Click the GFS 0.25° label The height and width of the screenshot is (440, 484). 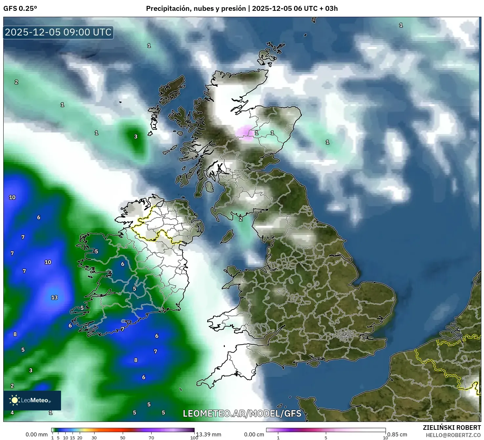pyautogui.click(x=20, y=9)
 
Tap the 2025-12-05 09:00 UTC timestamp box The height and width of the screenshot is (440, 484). pyautogui.click(x=58, y=32)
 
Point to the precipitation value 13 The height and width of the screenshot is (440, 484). pyautogui.click(x=54, y=297)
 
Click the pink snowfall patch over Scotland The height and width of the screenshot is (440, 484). pyautogui.click(x=245, y=133)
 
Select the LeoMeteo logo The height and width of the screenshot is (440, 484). pyautogui.click(x=32, y=400)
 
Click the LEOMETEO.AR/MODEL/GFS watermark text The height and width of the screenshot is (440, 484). pyautogui.click(x=242, y=413)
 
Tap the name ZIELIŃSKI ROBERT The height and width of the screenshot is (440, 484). pyautogui.click(x=452, y=428)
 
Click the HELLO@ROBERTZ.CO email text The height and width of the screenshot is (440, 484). pyautogui.click(x=453, y=435)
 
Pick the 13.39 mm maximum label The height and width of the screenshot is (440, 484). pyautogui.click(x=209, y=434)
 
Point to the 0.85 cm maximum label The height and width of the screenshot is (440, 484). pyautogui.click(x=397, y=434)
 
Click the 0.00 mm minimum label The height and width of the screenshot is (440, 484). pyautogui.click(x=36, y=434)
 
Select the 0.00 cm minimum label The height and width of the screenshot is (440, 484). pyautogui.click(x=254, y=434)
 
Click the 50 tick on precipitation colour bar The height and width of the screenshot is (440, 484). pyautogui.click(x=123, y=438)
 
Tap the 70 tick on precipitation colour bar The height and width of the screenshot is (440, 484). pyautogui.click(x=151, y=438)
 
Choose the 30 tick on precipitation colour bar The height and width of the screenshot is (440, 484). pyautogui.click(x=94, y=438)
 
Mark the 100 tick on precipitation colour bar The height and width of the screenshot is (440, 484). pyautogui.click(x=194, y=438)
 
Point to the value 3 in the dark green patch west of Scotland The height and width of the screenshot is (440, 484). pyautogui.click(x=136, y=136)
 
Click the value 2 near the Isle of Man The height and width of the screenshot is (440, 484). pyautogui.click(x=241, y=219)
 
